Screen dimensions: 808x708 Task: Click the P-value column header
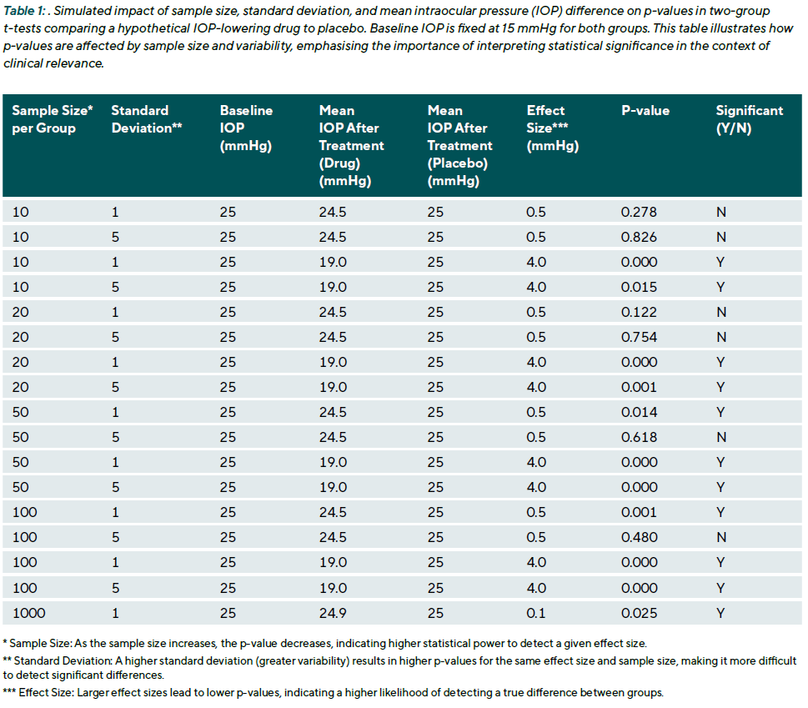pyautogui.click(x=645, y=111)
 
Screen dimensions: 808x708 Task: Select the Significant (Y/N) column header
pyautogui.click(x=750, y=119)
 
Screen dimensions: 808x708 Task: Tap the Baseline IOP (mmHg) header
pyautogui.click(x=246, y=128)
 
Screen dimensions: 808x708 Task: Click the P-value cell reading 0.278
pyautogui.click(x=639, y=212)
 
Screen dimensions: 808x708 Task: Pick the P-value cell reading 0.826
pyautogui.click(x=639, y=237)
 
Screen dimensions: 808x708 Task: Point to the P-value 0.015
pyautogui.click(x=639, y=287)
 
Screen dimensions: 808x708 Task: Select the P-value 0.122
pyautogui.click(x=639, y=312)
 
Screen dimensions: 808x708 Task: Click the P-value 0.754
pyautogui.click(x=639, y=337)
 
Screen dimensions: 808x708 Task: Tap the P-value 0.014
pyautogui.click(x=639, y=412)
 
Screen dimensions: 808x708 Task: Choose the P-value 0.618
pyautogui.click(x=639, y=438)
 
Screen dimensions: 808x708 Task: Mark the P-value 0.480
pyautogui.click(x=639, y=537)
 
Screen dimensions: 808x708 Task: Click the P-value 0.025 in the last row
pyautogui.click(x=639, y=613)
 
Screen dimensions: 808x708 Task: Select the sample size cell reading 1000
pyautogui.click(x=29, y=613)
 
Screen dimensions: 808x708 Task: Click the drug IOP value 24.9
pyautogui.click(x=333, y=613)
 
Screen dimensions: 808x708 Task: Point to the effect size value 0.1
pyautogui.click(x=536, y=613)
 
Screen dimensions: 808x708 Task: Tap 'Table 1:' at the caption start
pyautogui.click(x=24, y=11)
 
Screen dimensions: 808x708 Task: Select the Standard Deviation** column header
pyautogui.click(x=147, y=119)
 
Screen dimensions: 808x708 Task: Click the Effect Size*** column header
pyautogui.click(x=552, y=128)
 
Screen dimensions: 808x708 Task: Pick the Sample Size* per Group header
pyautogui.click(x=53, y=119)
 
